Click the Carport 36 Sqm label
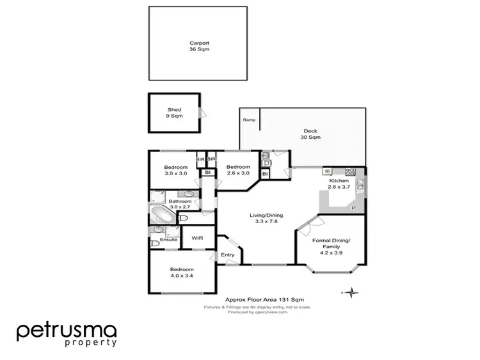[x=199, y=46]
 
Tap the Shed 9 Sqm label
[x=175, y=113]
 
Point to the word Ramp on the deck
[x=248, y=120]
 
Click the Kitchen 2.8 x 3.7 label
[x=339, y=184]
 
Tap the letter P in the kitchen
[x=352, y=208]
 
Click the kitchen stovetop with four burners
[x=351, y=171]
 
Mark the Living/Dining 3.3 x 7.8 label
[x=266, y=219]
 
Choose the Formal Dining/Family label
[x=332, y=244]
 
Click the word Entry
[x=227, y=255]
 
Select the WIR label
[x=197, y=238]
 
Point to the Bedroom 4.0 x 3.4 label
[x=182, y=273]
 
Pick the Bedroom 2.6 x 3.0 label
[x=238, y=170]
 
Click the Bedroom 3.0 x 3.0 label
[x=177, y=170]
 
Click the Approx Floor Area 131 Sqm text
[x=264, y=299]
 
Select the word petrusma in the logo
[x=67, y=331]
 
